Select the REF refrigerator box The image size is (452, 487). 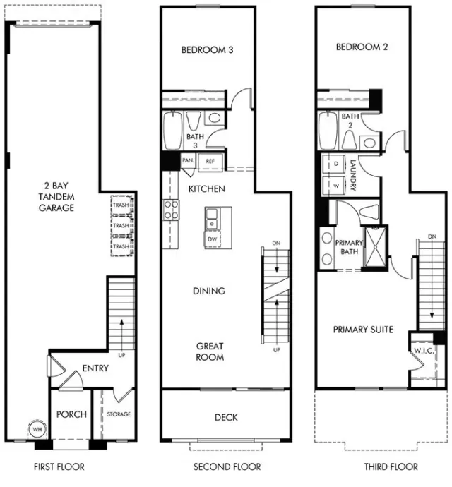click(x=210, y=161)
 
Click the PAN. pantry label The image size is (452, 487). click(x=188, y=161)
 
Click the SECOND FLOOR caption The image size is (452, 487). click(x=227, y=467)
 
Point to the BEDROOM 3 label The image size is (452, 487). click(x=207, y=50)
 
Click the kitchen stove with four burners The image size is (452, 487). click(x=172, y=209)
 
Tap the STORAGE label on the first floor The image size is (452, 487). click(x=118, y=414)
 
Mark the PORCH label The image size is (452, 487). click(x=72, y=414)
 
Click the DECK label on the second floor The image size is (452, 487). click(x=226, y=417)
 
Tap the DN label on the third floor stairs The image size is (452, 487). click(x=431, y=236)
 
